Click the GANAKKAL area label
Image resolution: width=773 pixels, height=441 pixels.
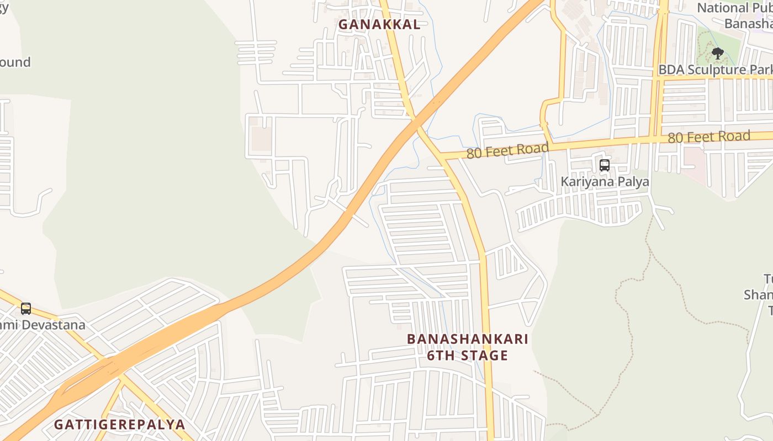tap(379, 24)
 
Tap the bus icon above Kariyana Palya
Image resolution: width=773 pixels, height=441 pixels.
tap(605, 165)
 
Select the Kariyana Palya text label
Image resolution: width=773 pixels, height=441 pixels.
tap(605, 181)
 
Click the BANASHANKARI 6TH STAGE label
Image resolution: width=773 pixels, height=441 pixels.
tap(467, 347)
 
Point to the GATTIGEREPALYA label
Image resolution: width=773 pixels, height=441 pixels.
tap(119, 424)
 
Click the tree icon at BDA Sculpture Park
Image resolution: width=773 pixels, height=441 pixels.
tap(717, 53)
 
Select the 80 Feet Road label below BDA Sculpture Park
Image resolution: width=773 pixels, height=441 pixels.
tap(709, 137)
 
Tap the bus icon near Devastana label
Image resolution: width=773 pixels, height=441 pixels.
tap(26, 309)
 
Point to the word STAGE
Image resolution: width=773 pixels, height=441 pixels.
tap(482, 356)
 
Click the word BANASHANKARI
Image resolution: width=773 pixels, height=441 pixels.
tap(467, 339)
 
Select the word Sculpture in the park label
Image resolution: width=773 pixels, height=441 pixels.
tap(716, 70)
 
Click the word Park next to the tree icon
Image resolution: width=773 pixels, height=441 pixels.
tap(761, 70)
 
